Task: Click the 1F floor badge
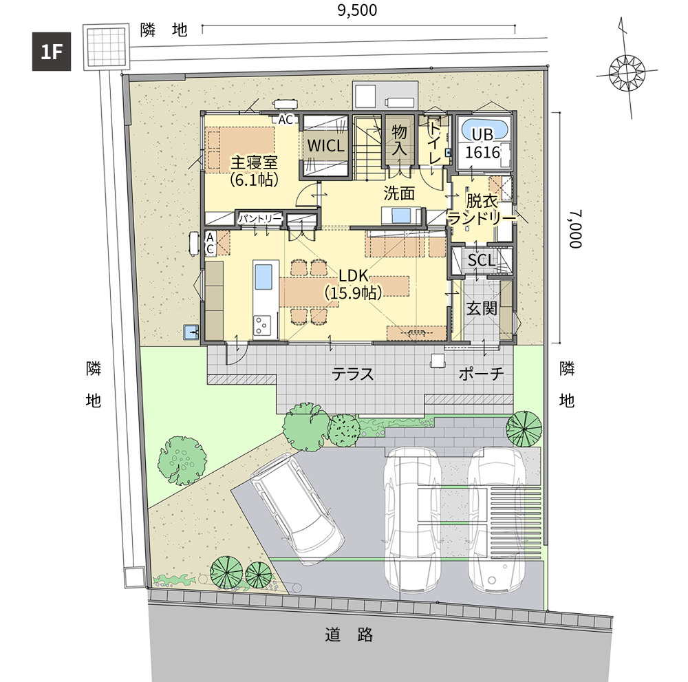pyautogui.click(x=52, y=52)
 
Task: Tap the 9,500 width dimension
pyautogui.click(x=357, y=10)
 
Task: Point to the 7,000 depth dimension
pyautogui.click(x=576, y=228)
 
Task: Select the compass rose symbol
pyautogui.click(x=627, y=72)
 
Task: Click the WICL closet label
pyautogui.click(x=325, y=146)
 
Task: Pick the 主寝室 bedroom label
pyautogui.click(x=254, y=162)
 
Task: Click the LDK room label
pyautogui.click(x=353, y=275)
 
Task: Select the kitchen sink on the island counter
pyautogui.click(x=264, y=277)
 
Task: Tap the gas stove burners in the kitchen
pyautogui.click(x=262, y=326)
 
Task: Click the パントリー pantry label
pyautogui.click(x=260, y=218)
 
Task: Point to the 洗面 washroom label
pyautogui.click(x=399, y=193)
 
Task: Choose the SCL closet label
pyautogui.click(x=482, y=260)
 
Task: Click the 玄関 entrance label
pyautogui.click(x=482, y=308)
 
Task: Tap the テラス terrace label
pyautogui.click(x=353, y=374)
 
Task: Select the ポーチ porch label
pyautogui.click(x=481, y=374)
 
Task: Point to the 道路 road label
pyautogui.click(x=349, y=635)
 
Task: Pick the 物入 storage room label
pyautogui.click(x=399, y=140)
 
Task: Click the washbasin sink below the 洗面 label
pyautogui.click(x=401, y=216)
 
